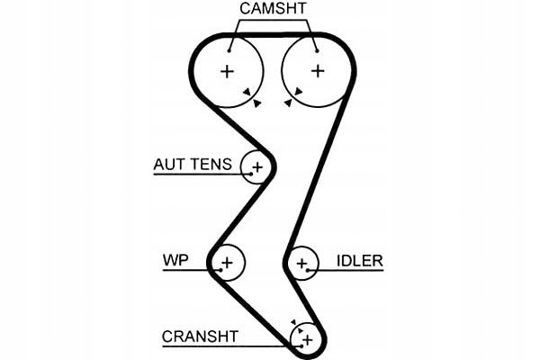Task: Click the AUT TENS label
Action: (193, 165)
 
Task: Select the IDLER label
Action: (360, 261)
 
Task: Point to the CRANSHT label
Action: (200, 337)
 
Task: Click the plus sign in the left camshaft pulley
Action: (227, 70)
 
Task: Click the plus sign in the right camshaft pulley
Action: (317, 70)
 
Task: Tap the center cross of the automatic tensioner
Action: (258, 166)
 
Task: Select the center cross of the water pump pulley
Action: (228, 263)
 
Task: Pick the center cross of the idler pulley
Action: (303, 264)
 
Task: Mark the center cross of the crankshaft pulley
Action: (306, 339)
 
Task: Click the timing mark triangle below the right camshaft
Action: (287, 103)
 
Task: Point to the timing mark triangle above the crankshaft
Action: (293, 321)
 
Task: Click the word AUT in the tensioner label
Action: (168, 165)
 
